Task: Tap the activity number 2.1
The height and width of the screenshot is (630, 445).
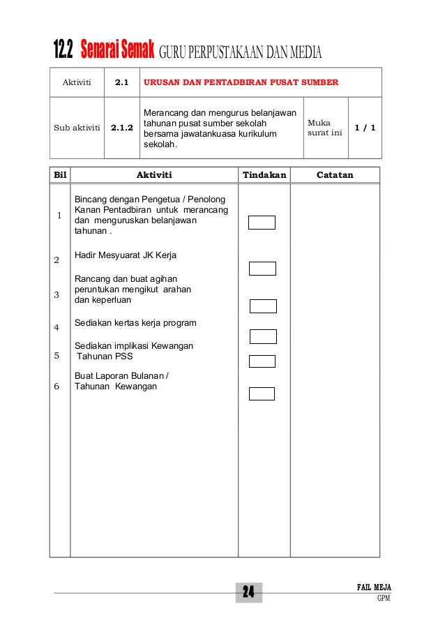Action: point(121,82)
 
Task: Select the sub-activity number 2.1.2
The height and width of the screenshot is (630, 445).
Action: point(121,128)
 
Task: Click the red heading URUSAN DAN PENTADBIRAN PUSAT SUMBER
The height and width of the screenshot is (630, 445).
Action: point(241,82)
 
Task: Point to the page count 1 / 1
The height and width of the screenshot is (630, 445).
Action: point(365,128)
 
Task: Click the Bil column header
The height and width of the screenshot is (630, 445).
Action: point(60,175)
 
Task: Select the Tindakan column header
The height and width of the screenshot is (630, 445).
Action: point(264,175)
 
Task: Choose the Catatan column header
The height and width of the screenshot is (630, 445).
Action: point(335,175)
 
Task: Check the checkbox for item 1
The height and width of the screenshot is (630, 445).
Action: point(262,223)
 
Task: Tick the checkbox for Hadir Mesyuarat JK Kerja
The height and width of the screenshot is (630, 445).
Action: point(263,269)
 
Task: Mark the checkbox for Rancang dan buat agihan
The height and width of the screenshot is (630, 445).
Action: point(263,306)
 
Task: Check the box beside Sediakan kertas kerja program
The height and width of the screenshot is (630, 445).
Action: point(263,337)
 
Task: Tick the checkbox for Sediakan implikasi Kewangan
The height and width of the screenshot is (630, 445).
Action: point(262,361)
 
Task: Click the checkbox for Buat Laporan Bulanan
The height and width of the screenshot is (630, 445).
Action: point(262,393)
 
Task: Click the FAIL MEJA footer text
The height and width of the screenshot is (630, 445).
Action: point(374,587)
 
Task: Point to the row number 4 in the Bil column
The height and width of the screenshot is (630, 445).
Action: point(56,327)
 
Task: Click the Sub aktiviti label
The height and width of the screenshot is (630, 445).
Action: point(77,128)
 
